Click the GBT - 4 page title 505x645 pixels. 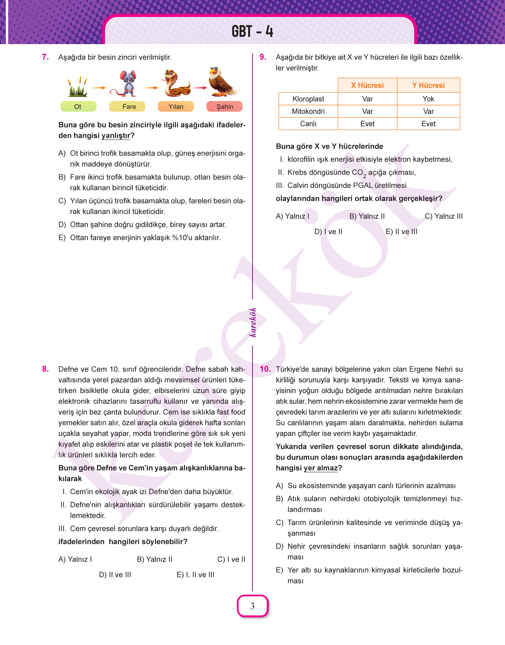point(252,31)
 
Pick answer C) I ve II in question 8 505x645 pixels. point(231,559)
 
